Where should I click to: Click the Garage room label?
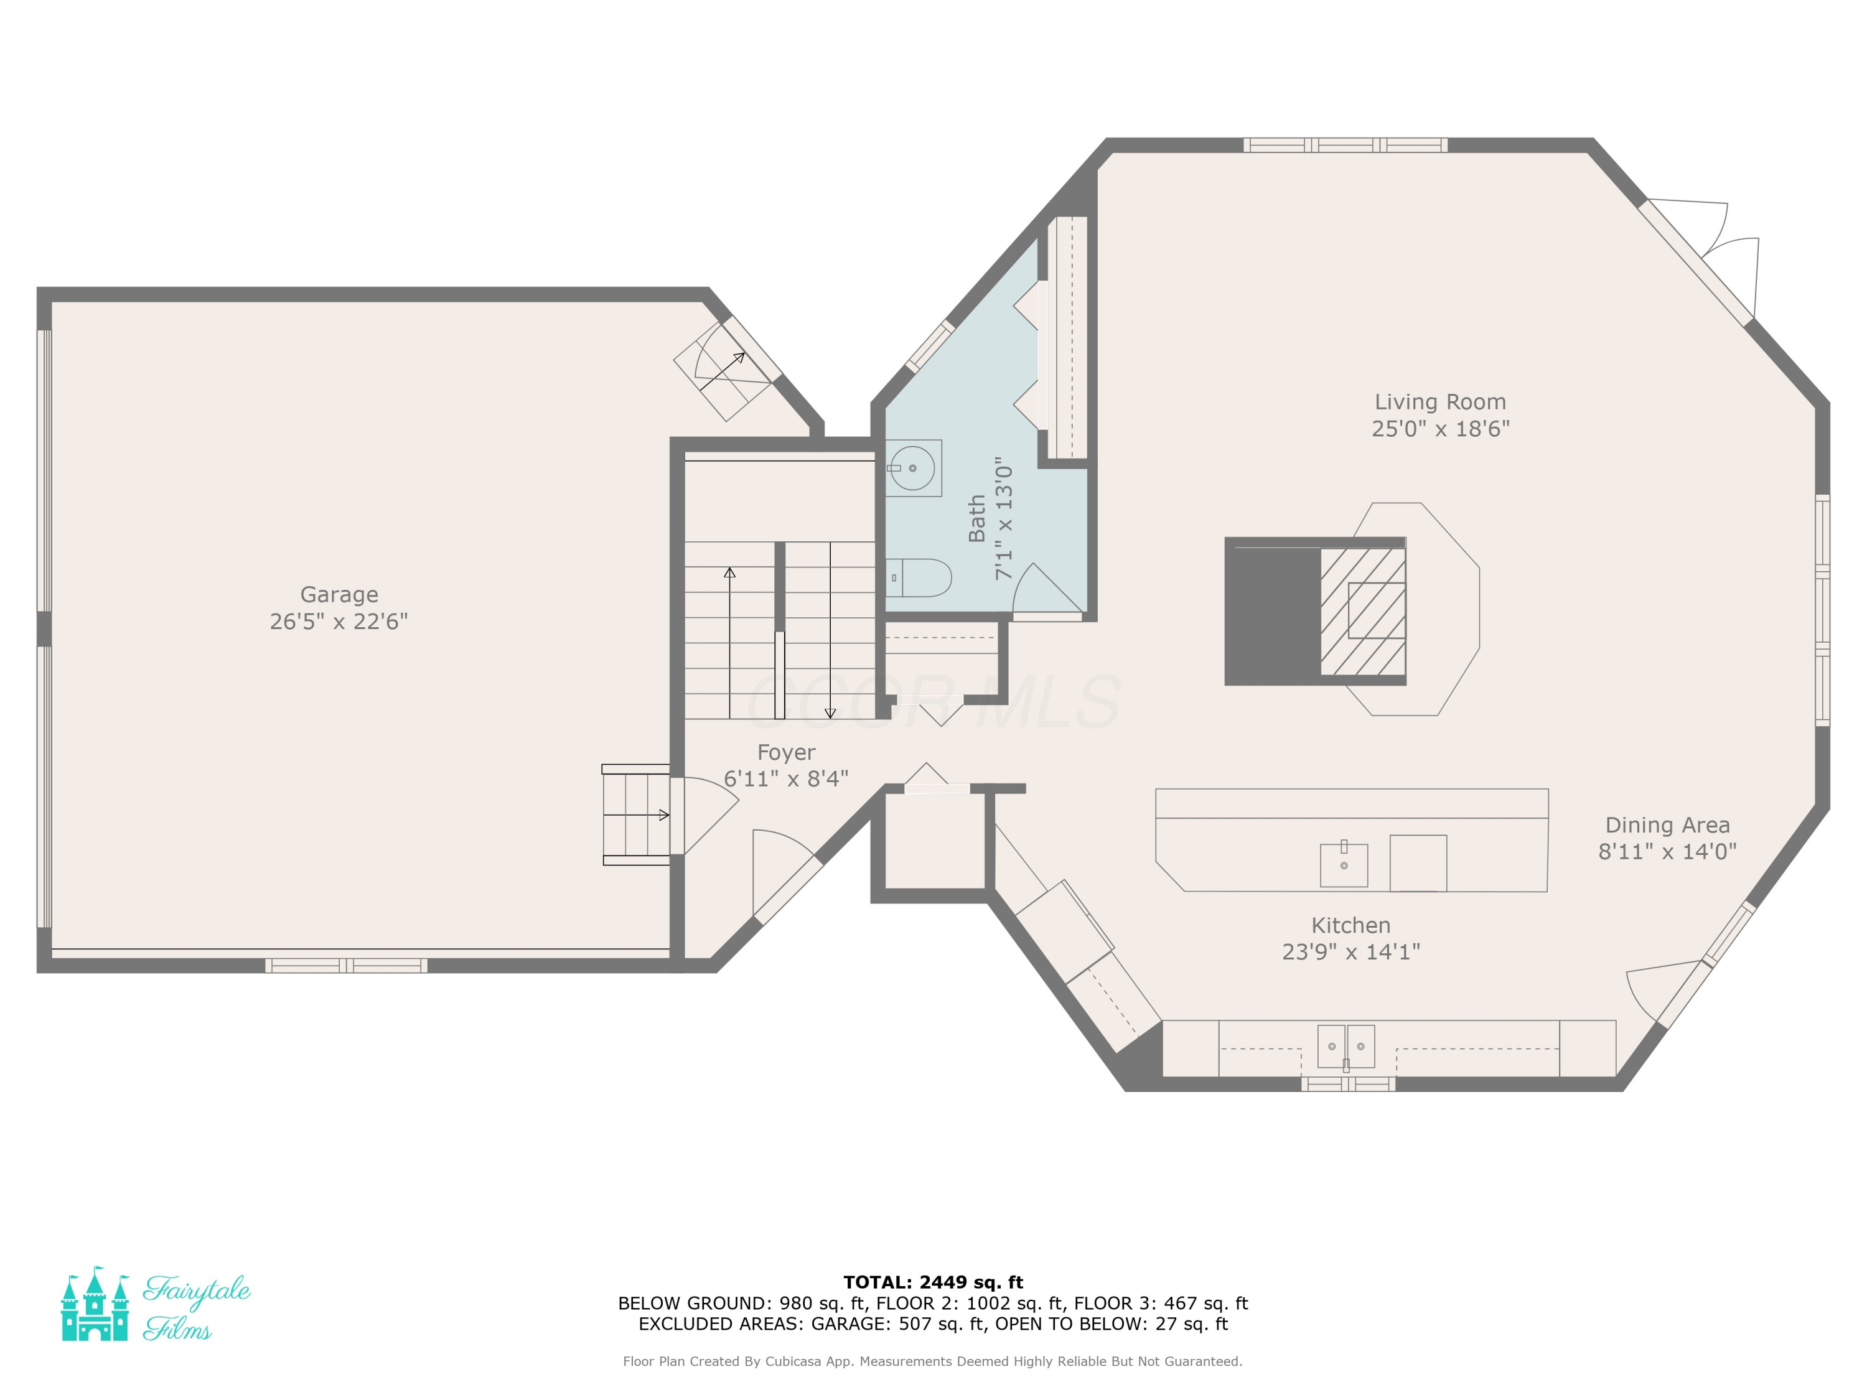pyautogui.click(x=339, y=595)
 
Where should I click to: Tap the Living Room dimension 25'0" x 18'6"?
pyautogui.click(x=1440, y=429)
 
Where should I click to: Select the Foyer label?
pyautogui.click(x=786, y=753)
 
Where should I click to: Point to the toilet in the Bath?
pyautogui.click(x=919, y=578)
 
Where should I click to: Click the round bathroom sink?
pyautogui.click(x=912, y=467)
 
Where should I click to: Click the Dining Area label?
pyautogui.click(x=1667, y=825)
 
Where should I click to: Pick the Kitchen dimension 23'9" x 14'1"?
pyautogui.click(x=1350, y=952)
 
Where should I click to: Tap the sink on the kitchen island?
pyautogui.click(x=1344, y=864)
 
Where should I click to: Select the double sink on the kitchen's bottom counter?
pyautogui.click(x=1346, y=1047)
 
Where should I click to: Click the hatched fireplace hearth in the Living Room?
pyautogui.click(x=1363, y=611)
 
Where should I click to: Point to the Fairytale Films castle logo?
pyautogui.click(x=95, y=1304)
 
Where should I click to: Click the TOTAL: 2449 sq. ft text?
pyautogui.click(x=933, y=1282)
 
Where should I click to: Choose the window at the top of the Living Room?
pyautogui.click(x=1345, y=145)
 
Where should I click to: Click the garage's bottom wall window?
pyautogui.click(x=346, y=966)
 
